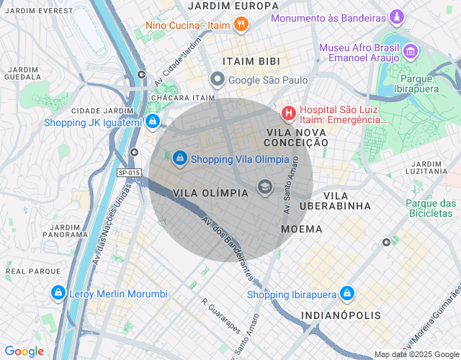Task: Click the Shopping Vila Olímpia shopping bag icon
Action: click(x=179, y=156)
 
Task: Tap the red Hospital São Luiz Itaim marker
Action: click(x=288, y=113)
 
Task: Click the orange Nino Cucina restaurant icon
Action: click(x=241, y=25)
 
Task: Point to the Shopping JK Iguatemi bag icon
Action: click(x=152, y=122)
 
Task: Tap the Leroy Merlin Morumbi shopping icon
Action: click(x=58, y=293)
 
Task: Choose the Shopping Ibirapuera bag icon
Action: click(x=347, y=293)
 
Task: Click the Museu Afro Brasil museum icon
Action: click(x=410, y=51)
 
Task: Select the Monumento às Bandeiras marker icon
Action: click(x=396, y=16)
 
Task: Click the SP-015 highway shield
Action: click(x=129, y=173)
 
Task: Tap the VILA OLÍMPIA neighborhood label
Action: click(x=212, y=193)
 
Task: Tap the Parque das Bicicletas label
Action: click(x=432, y=209)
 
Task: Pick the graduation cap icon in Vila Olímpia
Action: click(x=264, y=189)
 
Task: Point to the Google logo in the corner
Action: click(x=24, y=351)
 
